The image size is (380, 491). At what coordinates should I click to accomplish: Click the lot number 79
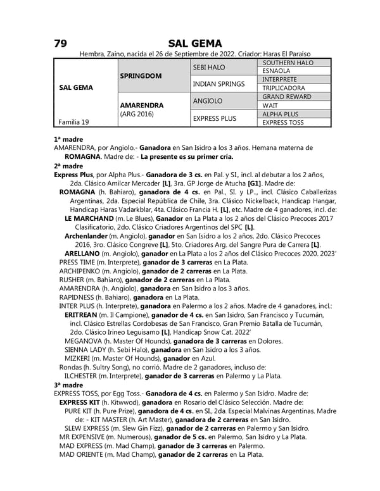(x=61, y=43)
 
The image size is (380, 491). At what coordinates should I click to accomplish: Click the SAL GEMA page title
(x=195, y=43)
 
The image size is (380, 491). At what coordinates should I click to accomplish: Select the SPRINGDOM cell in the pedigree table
(x=141, y=76)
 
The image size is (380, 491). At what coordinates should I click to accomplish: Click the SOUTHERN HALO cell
(x=287, y=63)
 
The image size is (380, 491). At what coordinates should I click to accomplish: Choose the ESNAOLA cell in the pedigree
(x=276, y=71)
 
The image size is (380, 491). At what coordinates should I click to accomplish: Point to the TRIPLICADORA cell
(x=284, y=88)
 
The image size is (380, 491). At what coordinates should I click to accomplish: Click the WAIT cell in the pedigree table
(x=270, y=106)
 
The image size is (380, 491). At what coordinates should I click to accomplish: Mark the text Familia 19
(x=73, y=121)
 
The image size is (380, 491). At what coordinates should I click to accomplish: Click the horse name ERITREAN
(x=81, y=314)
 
